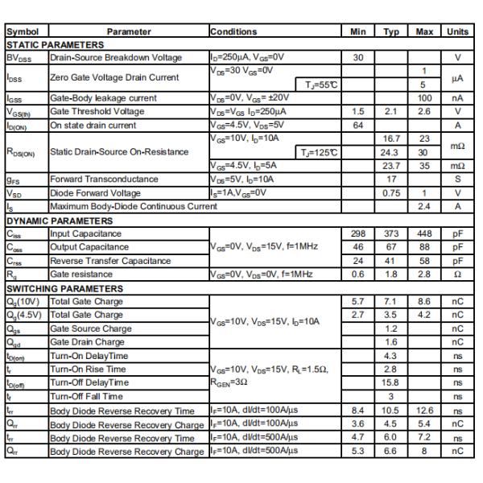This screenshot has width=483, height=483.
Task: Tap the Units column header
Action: point(457,31)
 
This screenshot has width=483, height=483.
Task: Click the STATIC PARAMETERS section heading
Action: point(55,45)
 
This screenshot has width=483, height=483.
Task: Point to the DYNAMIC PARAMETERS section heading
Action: point(60,220)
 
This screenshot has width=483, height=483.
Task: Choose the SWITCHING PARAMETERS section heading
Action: point(64,288)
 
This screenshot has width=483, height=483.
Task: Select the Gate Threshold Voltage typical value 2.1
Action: point(391,111)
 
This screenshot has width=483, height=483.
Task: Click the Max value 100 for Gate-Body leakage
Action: point(424,97)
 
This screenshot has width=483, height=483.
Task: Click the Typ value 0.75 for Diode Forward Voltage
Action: point(391,193)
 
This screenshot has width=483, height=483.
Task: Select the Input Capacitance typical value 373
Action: point(391,233)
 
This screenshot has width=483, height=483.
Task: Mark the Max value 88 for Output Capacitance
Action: point(424,247)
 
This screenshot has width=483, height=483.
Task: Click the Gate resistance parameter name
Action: point(83,275)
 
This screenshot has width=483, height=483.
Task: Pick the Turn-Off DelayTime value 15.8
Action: point(391,382)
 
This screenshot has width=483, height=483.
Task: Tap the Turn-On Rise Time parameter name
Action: point(89,369)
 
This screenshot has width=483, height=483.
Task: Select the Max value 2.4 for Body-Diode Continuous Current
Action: point(424,207)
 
